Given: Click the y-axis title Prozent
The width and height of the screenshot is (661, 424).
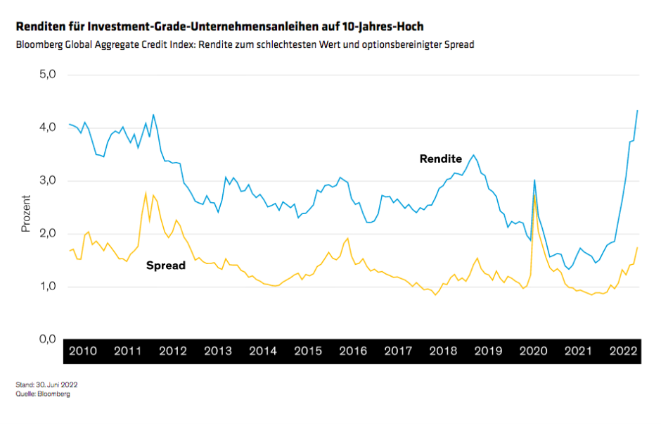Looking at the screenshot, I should [x=26, y=214].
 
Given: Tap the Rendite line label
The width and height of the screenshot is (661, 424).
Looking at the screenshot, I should [x=441, y=159].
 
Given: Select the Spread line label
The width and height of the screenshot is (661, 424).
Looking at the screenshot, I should [x=165, y=266].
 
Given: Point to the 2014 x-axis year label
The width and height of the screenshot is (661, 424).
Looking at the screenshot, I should [x=262, y=351].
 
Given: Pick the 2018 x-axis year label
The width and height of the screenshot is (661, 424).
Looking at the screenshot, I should [x=443, y=351].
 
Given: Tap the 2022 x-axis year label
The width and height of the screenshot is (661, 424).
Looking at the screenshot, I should [x=622, y=351].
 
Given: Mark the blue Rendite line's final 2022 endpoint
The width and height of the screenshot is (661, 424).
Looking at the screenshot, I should [x=637, y=110].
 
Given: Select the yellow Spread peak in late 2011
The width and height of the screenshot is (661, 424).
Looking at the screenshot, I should [x=146, y=193].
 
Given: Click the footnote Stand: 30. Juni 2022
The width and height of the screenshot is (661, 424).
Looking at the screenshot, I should [x=46, y=385].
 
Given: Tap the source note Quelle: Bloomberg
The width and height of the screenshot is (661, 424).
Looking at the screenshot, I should [x=43, y=394].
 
